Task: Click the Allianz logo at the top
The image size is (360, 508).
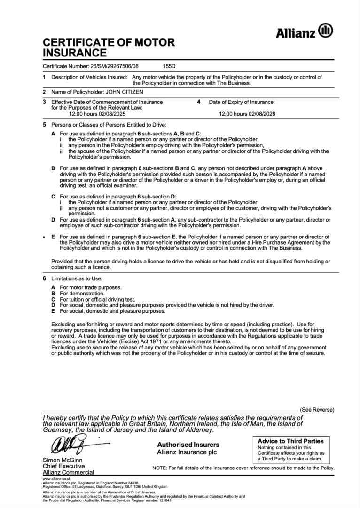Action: coord(304,32)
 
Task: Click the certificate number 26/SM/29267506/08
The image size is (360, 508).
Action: coord(117,66)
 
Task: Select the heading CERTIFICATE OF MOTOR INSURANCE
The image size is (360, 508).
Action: coord(109,48)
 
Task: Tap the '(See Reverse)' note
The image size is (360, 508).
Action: coord(317,410)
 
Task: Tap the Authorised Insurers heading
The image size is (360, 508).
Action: coord(188,444)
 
